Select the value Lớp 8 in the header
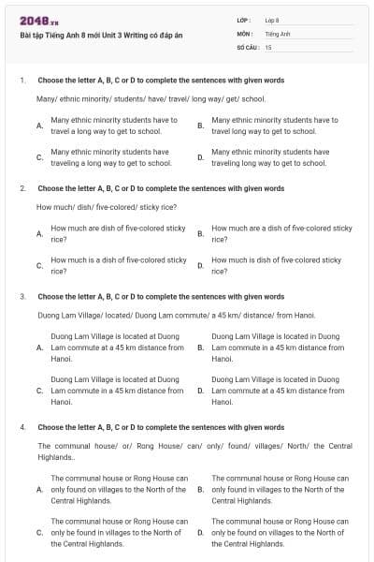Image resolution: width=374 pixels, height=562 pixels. [x=272, y=20]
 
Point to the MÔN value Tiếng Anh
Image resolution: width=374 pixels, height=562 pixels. [x=278, y=33]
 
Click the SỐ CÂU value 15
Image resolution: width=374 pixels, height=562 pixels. [x=268, y=46]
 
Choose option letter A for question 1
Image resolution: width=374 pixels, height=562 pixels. [x=38, y=126]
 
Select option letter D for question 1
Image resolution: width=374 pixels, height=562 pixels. [x=200, y=157]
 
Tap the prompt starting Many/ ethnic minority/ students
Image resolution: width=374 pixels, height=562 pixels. [x=151, y=98]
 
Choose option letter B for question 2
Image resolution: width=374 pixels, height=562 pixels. [x=200, y=233]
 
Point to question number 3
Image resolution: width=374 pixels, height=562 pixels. [x=22, y=297]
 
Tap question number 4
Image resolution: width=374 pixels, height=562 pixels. [x=22, y=427]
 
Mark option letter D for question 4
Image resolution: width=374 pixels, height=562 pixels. [x=200, y=532]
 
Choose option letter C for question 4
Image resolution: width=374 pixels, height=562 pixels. [x=38, y=532]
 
